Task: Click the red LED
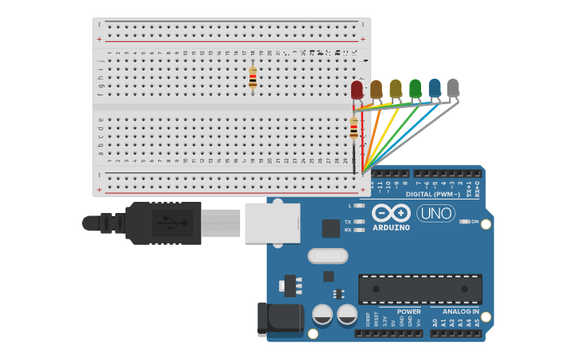[357, 89]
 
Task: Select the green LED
[415, 87]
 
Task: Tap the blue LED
[434, 87]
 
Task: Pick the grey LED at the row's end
[453, 87]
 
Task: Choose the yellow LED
[396, 88]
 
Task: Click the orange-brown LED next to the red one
[376, 88]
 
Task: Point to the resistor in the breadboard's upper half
[253, 77]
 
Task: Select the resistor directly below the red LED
[354, 128]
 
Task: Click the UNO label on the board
[435, 213]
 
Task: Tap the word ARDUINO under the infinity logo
[391, 228]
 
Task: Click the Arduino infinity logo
[391, 214]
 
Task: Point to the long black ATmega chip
[419, 288]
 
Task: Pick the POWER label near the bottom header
[408, 312]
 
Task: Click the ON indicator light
[465, 222]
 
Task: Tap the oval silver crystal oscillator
[327, 256]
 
